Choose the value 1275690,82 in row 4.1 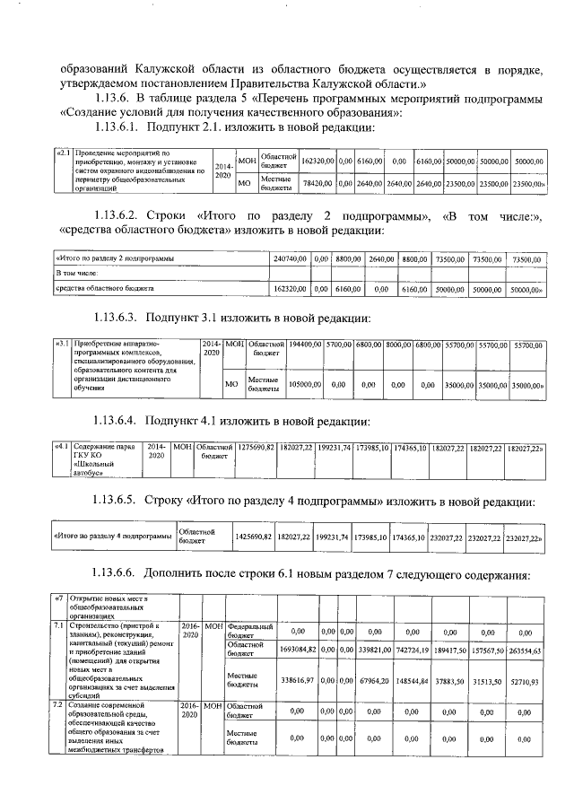255,447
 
